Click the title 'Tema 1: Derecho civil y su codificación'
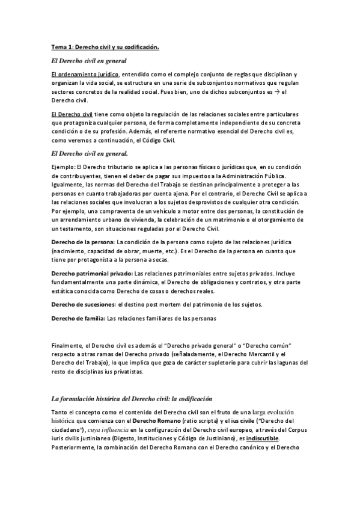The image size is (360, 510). [105, 47]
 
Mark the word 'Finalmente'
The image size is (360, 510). [67, 346]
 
